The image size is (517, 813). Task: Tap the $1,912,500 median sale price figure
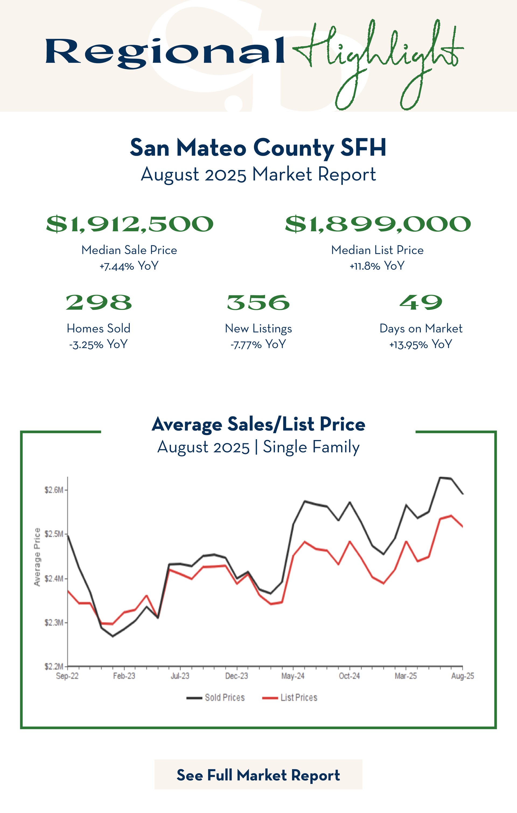(x=130, y=224)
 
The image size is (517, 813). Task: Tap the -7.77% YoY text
(x=258, y=344)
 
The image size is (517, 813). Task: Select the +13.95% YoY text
(x=421, y=344)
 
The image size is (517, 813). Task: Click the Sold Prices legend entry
(x=216, y=698)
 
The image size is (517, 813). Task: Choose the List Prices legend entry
(x=290, y=698)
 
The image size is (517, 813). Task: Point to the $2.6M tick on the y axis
(x=54, y=490)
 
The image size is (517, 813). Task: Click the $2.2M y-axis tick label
(x=54, y=666)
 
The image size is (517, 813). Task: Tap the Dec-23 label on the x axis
(x=237, y=676)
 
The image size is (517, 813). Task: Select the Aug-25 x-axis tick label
(x=462, y=676)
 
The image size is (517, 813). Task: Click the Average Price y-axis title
(x=37, y=557)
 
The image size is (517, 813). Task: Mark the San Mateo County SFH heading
(x=258, y=148)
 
